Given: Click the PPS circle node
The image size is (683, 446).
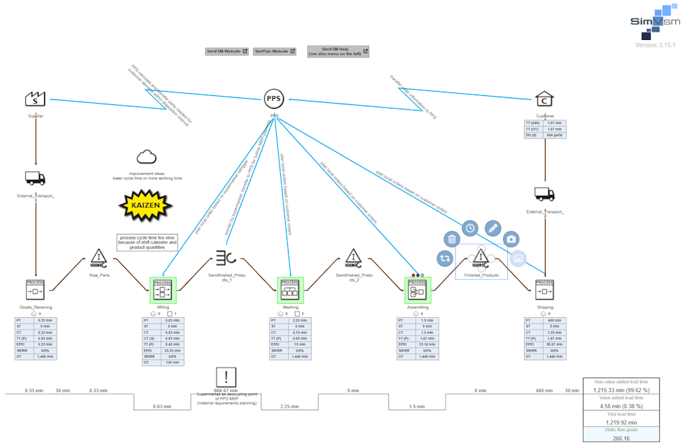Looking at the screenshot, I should click(x=274, y=99).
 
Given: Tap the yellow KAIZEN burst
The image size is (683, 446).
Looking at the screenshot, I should click(x=146, y=205).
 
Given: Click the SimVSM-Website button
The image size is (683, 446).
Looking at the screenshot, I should click(x=227, y=51).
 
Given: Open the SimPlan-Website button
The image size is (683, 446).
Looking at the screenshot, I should click(x=275, y=51).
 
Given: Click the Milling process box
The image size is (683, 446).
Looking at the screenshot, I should click(x=163, y=288).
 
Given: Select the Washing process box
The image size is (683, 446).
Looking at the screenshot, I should click(x=289, y=288).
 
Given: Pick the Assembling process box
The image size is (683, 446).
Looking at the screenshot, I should click(x=418, y=288).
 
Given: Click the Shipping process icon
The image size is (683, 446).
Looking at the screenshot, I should click(x=544, y=288).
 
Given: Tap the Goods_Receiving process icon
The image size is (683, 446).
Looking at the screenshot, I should click(x=35, y=288).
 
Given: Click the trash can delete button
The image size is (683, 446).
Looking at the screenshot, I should click(x=452, y=239).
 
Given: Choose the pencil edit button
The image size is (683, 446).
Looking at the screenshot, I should click(x=492, y=228).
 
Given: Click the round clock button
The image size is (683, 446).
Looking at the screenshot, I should click(x=470, y=228).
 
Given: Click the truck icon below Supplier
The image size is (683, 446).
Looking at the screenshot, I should click(x=35, y=178).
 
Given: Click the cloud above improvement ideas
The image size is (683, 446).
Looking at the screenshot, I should click(x=146, y=157).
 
